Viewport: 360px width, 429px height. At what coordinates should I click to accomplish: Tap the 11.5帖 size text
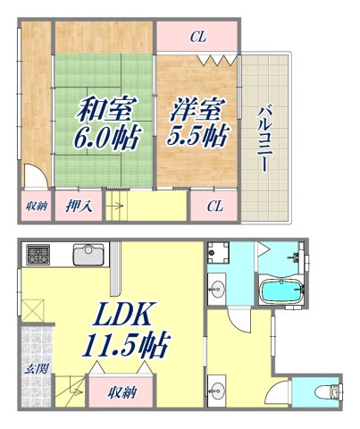127,344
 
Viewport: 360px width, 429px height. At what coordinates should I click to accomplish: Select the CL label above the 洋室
197,37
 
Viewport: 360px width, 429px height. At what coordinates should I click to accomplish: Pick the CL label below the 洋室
214,206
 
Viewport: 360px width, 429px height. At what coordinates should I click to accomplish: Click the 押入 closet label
78,206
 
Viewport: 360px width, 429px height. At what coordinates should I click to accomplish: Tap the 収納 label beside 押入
35,206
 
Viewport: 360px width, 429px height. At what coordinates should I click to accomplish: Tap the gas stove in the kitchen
38,255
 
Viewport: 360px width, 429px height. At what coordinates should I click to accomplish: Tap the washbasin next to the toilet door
219,390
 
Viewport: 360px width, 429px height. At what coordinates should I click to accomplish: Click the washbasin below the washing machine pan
217,288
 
